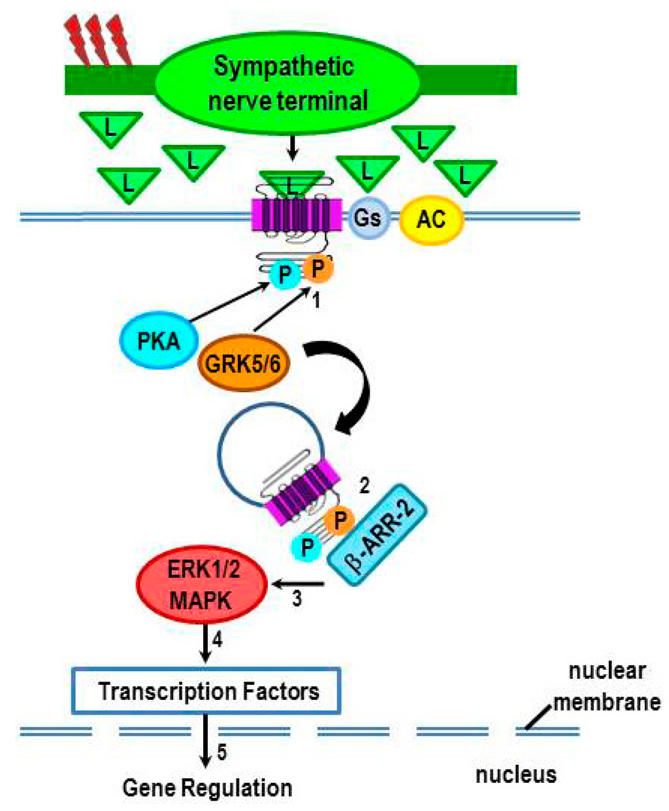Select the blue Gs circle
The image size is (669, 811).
coord(367,217)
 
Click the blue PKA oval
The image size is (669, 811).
coord(159,340)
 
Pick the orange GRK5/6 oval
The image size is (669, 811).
coord(242,363)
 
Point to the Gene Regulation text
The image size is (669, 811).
coord(207,787)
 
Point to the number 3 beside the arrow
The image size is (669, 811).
coord(297,599)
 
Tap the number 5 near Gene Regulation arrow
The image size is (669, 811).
coord(222,753)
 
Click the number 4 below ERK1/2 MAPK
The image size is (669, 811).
coord(217,640)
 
